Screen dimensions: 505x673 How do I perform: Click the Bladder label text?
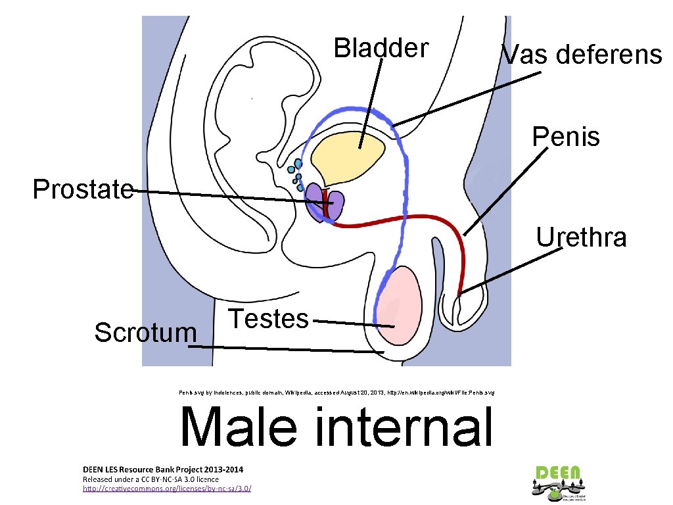(381, 48)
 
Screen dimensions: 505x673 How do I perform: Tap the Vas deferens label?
(582, 55)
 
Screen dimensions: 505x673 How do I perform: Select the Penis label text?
(566, 137)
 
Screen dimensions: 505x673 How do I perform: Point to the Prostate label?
(83, 190)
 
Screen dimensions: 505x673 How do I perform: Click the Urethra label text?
(582, 237)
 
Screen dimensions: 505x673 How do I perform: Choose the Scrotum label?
(145, 333)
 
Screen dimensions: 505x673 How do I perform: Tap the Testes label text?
(268, 319)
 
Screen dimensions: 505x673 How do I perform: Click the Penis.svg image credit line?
(336, 392)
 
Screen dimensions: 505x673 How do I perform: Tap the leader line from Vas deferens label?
(467, 99)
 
